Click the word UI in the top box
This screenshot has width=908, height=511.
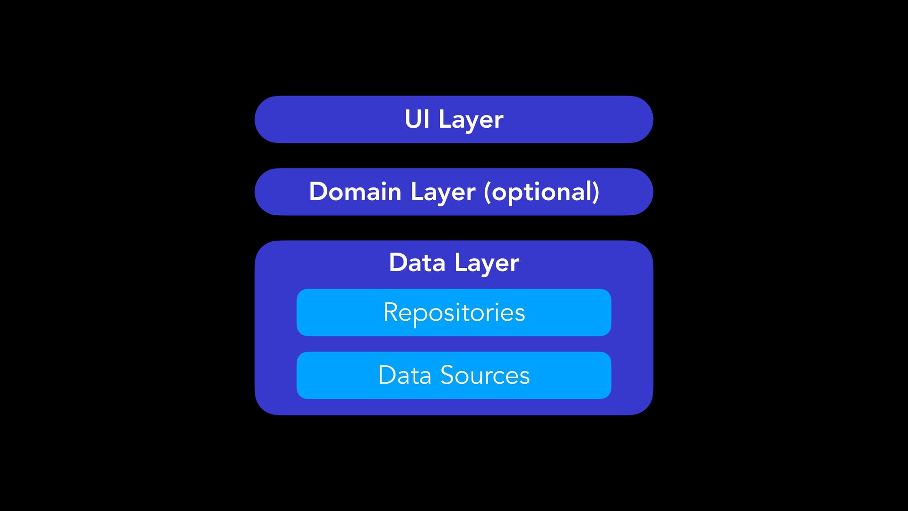click(x=417, y=119)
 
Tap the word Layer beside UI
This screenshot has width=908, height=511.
click(x=471, y=120)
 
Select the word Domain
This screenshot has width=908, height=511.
click(x=355, y=192)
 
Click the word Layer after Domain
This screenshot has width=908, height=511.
click(x=443, y=193)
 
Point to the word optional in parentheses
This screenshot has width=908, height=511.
click(x=542, y=193)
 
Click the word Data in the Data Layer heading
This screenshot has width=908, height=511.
click(x=417, y=263)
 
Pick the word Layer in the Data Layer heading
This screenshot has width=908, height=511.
click(x=487, y=264)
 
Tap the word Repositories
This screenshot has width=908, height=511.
click(x=454, y=313)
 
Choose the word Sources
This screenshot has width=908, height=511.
click(x=485, y=375)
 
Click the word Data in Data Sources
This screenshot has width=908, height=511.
click(x=404, y=375)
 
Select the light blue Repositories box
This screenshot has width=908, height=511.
click(x=331, y=313)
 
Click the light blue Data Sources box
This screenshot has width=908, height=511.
click(x=331, y=375)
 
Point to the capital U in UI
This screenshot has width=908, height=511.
click(x=411, y=119)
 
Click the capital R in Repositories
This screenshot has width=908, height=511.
click(x=391, y=312)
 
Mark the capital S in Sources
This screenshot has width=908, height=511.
click(x=448, y=375)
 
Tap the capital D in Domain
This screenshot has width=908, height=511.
click(x=318, y=192)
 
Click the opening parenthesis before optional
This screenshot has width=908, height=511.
click(x=487, y=192)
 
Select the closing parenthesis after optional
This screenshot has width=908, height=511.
click(x=596, y=192)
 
